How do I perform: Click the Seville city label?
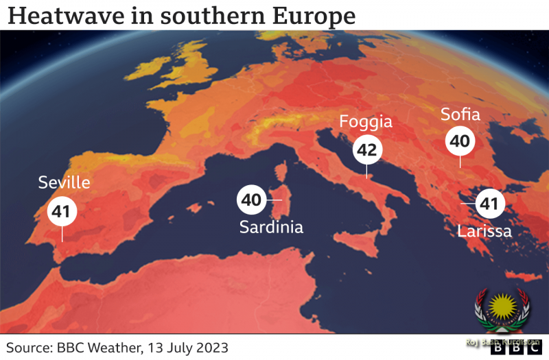click(x=65, y=182)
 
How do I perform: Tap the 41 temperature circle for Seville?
click(x=62, y=212)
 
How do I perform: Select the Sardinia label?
click(x=271, y=227)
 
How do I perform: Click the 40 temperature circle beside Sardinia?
click(x=252, y=200)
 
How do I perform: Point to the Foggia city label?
click(x=366, y=122)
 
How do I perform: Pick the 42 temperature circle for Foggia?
click(x=368, y=149)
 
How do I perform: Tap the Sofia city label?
click(x=460, y=114)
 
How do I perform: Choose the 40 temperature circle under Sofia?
click(x=460, y=141)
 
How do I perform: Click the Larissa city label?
click(x=484, y=231)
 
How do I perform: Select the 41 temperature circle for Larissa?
click(x=488, y=204)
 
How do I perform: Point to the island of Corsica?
click(x=281, y=176)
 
